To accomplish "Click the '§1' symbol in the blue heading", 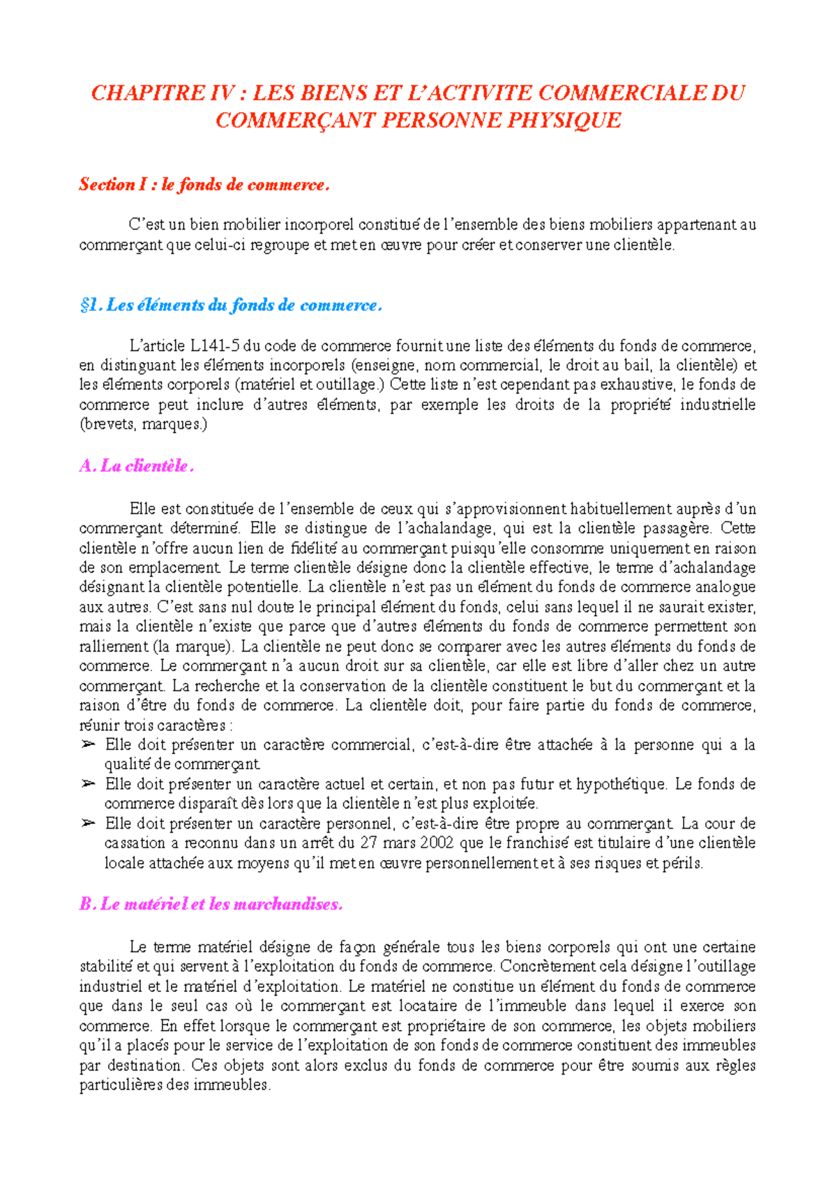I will pyautogui.click(x=91, y=305).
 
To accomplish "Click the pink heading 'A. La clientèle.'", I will pyautogui.click(x=136, y=466).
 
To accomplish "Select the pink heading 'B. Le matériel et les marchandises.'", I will pyautogui.click(x=211, y=904).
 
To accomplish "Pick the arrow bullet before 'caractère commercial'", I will pyautogui.click(x=88, y=745).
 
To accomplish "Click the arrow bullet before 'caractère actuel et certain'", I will pyautogui.click(x=88, y=784).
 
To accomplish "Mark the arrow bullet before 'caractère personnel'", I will pyautogui.click(x=88, y=823).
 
